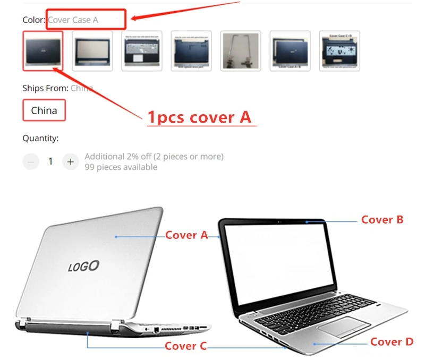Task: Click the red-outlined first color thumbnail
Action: coord(42,50)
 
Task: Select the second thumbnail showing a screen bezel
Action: coord(92,51)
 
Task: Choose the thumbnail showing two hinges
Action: coord(241,51)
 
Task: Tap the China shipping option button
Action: coord(44,110)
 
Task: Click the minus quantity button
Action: coord(31,161)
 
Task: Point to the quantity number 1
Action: coord(50,161)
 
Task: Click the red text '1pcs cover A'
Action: coord(199,117)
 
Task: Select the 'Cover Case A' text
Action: coord(73,20)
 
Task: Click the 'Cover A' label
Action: coord(186,235)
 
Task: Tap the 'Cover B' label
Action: coord(382,219)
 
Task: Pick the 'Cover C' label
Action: coord(185,346)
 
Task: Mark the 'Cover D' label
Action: coord(392,342)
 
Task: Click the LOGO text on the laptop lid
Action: coord(83,265)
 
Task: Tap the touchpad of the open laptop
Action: coord(337,327)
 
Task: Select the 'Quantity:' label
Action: coord(40,138)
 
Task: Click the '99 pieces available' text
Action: coord(121,167)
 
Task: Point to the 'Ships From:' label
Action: coord(45,88)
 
